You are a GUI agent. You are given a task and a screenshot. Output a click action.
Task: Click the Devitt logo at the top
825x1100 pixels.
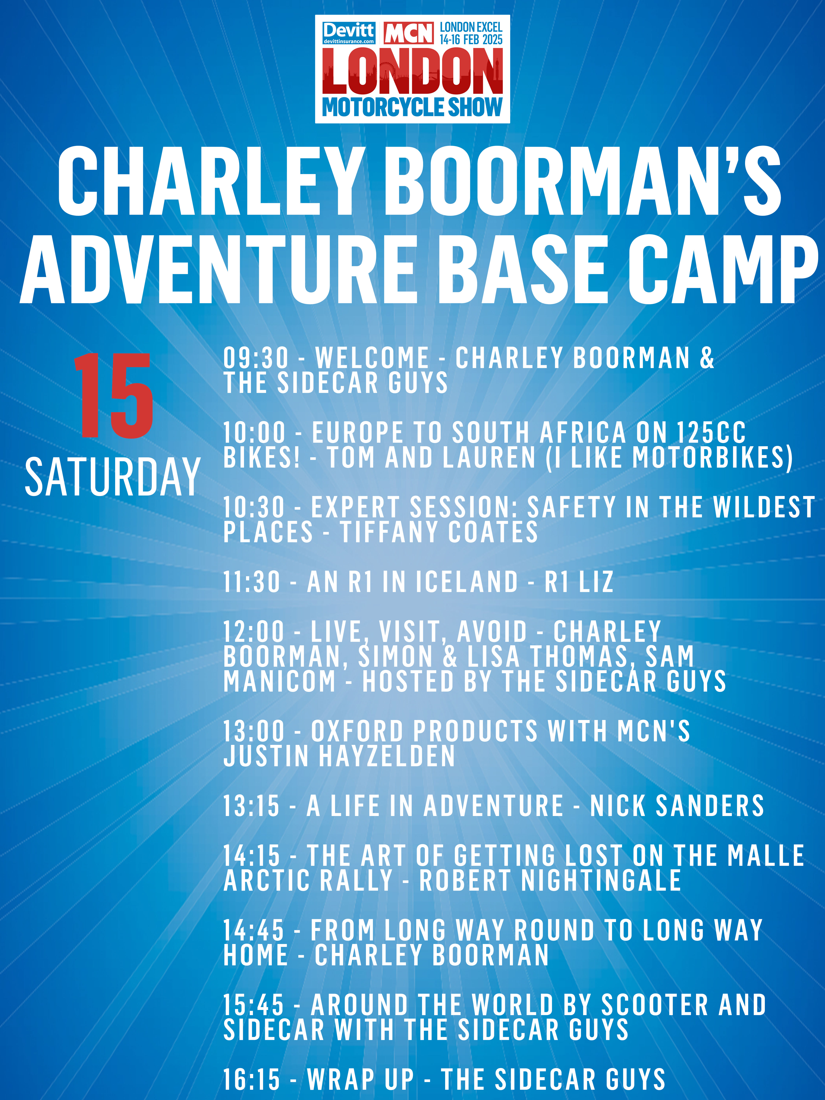(349, 33)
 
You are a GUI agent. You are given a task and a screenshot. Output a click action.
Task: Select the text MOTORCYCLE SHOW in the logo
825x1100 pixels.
(412, 107)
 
